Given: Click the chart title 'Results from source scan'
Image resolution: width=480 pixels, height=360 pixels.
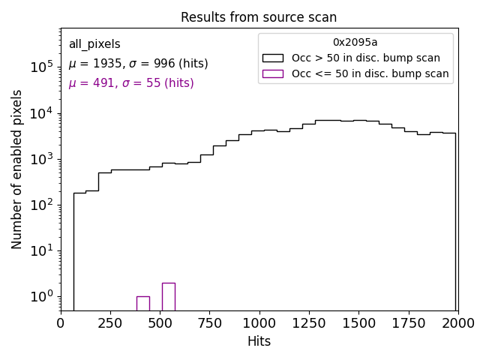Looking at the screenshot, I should click(259, 17).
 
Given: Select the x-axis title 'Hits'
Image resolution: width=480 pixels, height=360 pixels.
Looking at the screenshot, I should click(259, 341).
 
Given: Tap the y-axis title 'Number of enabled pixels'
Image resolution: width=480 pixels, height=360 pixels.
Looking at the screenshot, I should click(17, 169).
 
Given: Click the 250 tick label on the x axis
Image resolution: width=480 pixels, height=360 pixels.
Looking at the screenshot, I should click(110, 323).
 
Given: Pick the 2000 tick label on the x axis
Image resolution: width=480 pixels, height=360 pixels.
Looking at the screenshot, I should click(457, 323).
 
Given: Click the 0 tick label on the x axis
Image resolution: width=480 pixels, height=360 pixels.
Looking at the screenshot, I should click(61, 323).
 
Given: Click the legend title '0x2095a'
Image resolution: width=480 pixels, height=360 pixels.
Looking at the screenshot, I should click(355, 43).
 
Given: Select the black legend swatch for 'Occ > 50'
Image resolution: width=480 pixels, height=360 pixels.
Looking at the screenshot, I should click(273, 58).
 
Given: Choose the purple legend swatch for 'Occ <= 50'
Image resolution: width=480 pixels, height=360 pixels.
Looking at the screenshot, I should click(273, 73).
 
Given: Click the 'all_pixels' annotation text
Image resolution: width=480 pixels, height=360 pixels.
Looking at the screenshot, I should click(94, 45).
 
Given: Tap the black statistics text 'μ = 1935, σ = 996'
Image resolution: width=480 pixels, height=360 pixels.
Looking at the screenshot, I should click(138, 64).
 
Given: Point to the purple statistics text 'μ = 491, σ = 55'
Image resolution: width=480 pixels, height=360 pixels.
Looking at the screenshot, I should click(131, 83).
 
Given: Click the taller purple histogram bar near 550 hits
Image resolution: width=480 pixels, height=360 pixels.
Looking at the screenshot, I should click(168, 297).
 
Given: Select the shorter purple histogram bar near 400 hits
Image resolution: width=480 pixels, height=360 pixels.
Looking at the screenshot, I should click(142, 304).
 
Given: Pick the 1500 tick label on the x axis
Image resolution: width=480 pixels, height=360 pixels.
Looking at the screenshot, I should click(358, 323).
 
